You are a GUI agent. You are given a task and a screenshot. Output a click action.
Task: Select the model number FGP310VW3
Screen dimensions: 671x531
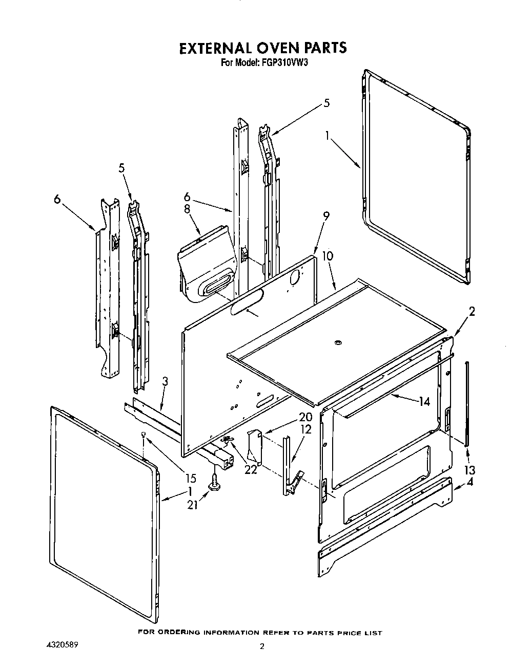(x=282, y=63)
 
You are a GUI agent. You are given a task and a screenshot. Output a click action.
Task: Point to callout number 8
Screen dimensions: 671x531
(x=187, y=208)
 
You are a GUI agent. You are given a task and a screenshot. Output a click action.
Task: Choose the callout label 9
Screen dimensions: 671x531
(x=326, y=217)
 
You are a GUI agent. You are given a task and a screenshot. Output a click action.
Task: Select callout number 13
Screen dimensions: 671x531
(x=469, y=470)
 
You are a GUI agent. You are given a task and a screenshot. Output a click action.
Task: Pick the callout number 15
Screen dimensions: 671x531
(x=190, y=479)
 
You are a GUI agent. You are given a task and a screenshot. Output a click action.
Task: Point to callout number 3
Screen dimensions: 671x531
(x=165, y=381)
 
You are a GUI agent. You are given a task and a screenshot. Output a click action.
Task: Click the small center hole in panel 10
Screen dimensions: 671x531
(x=337, y=342)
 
